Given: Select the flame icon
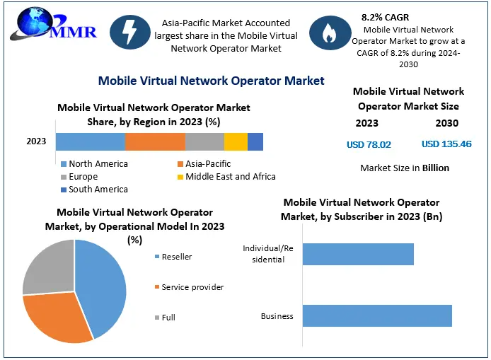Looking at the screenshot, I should point(328,33).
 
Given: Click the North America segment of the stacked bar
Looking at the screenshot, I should point(91,141).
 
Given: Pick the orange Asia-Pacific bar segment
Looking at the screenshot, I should point(155,141).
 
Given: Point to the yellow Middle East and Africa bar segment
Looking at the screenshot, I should point(236,141).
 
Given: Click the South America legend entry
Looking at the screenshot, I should point(94,190).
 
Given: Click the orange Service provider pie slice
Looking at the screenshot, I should point(57,318).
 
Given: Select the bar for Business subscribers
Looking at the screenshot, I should point(377,316).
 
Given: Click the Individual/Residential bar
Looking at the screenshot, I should point(358,254).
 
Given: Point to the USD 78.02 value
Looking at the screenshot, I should point(369,145).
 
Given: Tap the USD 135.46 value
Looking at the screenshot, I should point(446,145).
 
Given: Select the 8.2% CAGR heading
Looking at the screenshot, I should point(385,16).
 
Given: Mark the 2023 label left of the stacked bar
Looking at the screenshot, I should point(36,141).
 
